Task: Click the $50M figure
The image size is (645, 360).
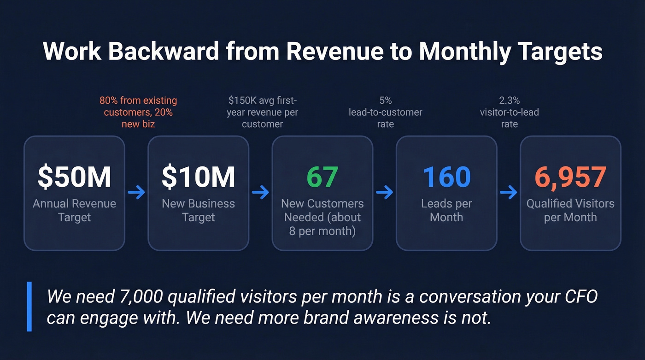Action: (74, 177)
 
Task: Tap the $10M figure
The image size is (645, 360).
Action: (199, 177)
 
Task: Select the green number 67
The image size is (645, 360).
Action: (322, 177)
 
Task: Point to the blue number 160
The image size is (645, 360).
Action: (446, 177)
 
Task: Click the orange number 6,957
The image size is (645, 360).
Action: (570, 177)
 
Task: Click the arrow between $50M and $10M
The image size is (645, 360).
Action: (136, 193)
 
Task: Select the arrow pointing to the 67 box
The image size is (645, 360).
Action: (260, 193)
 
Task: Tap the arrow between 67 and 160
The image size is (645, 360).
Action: (385, 193)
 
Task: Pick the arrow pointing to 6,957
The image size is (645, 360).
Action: (509, 193)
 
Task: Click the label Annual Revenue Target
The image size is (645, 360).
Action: (74, 210)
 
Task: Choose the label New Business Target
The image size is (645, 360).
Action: (199, 210)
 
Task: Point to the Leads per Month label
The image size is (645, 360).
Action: (446, 210)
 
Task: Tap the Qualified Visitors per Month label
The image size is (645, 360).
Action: (570, 210)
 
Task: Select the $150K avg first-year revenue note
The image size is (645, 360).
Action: (262, 112)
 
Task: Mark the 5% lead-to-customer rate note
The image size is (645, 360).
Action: (385, 112)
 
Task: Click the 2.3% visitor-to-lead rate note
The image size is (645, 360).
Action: (509, 112)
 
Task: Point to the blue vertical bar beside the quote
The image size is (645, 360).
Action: (29, 307)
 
